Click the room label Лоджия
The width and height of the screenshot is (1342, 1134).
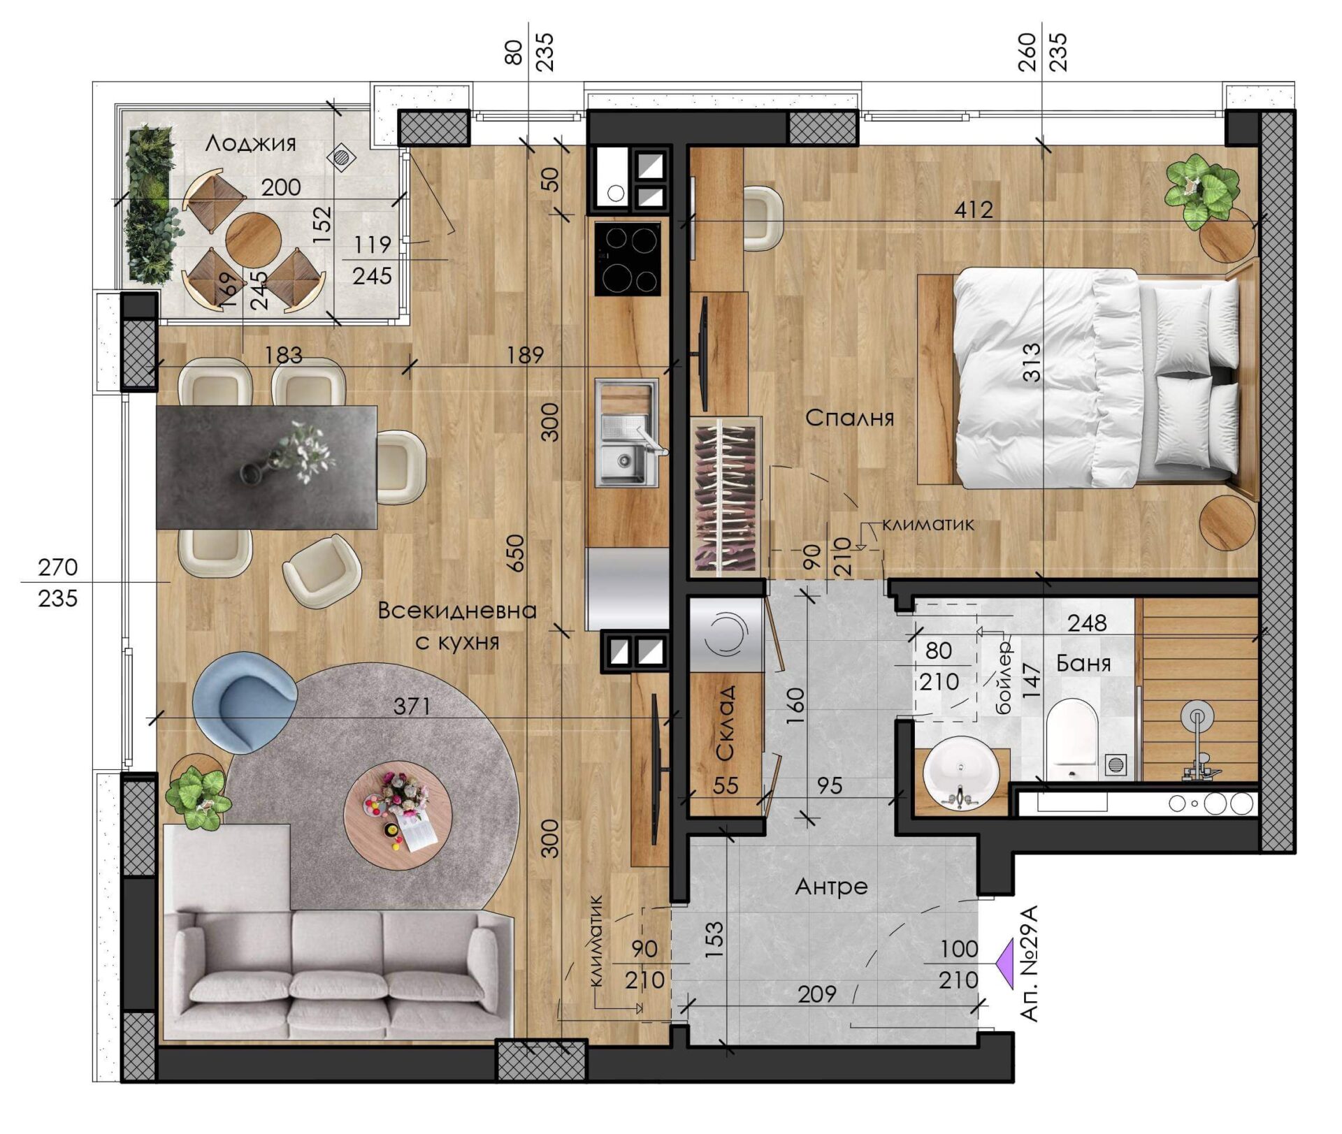pyautogui.click(x=250, y=143)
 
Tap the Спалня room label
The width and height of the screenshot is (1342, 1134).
pyautogui.click(x=849, y=418)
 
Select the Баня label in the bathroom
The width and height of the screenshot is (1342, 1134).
pyautogui.click(x=1083, y=662)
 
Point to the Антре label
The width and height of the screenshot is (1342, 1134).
pyautogui.click(x=831, y=887)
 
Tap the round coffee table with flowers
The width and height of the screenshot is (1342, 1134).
pyautogui.click(x=398, y=815)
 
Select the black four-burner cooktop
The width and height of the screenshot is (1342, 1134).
pyautogui.click(x=628, y=259)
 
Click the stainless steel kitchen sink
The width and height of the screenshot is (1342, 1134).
pyautogui.click(x=626, y=433)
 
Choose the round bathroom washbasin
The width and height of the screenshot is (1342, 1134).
pyautogui.click(x=961, y=773)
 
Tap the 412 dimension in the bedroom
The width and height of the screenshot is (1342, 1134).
pyautogui.click(x=974, y=209)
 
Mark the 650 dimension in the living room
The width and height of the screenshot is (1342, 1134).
pyautogui.click(x=515, y=553)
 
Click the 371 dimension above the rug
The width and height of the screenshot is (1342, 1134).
pyautogui.click(x=412, y=706)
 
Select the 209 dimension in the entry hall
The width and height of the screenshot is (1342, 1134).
pyautogui.click(x=817, y=993)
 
